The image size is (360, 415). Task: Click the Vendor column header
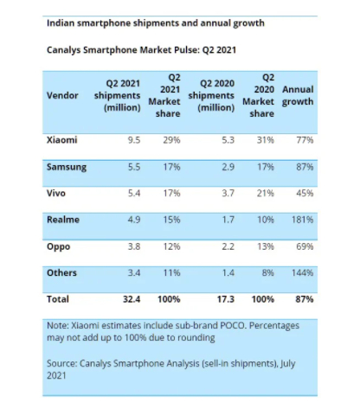[x=62, y=95]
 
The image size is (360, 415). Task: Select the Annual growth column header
[x=298, y=95]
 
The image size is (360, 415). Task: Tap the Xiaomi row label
[x=62, y=140]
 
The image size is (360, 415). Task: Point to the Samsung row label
[x=67, y=167]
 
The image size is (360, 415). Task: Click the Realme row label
[x=63, y=220]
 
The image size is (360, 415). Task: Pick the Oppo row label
[x=58, y=247]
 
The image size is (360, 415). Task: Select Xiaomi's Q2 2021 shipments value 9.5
[x=134, y=140]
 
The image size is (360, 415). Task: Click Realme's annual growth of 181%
[x=302, y=220]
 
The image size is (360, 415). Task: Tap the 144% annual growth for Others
[x=302, y=272]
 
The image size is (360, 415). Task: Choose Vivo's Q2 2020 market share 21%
[x=266, y=193]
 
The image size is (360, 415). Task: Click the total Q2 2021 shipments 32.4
[x=132, y=299]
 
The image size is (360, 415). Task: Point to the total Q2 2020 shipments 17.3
[x=226, y=299]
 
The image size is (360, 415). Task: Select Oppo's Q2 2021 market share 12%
[x=171, y=246]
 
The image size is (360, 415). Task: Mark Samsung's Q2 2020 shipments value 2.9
[x=228, y=167]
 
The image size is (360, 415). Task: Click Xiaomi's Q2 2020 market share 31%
[x=266, y=140]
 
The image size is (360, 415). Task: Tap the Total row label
[x=58, y=299]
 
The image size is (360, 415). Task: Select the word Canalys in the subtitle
[x=64, y=50]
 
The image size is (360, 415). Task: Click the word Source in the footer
[x=61, y=363]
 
